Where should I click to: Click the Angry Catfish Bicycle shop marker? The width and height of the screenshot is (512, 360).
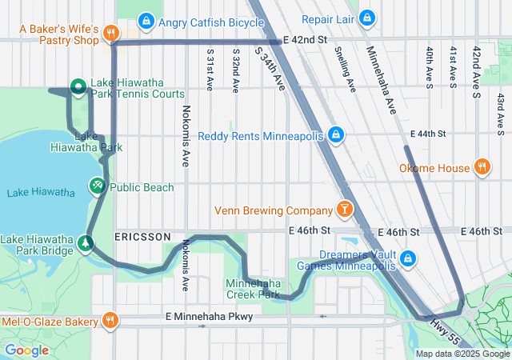(146, 20)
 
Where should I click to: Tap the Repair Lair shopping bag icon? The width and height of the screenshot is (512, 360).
(366, 18)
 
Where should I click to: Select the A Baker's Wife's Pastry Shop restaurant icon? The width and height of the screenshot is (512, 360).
(111, 34)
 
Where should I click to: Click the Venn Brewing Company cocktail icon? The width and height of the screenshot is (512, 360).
(344, 210)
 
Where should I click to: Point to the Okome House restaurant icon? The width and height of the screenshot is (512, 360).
(482, 167)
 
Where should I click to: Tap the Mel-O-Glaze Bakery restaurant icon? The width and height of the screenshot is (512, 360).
(111, 321)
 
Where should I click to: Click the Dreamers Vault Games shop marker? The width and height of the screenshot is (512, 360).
(408, 258)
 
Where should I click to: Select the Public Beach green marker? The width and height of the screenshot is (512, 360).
(97, 186)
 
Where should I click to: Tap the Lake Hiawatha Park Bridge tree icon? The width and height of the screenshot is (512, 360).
(85, 241)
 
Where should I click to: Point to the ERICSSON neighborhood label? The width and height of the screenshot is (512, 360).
(142, 238)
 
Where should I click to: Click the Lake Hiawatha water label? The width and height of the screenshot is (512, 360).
(41, 192)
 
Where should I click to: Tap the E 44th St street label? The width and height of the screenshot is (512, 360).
(426, 133)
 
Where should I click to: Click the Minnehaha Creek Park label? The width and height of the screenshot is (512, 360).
(253, 289)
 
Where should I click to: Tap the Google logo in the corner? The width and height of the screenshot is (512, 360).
(27, 350)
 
